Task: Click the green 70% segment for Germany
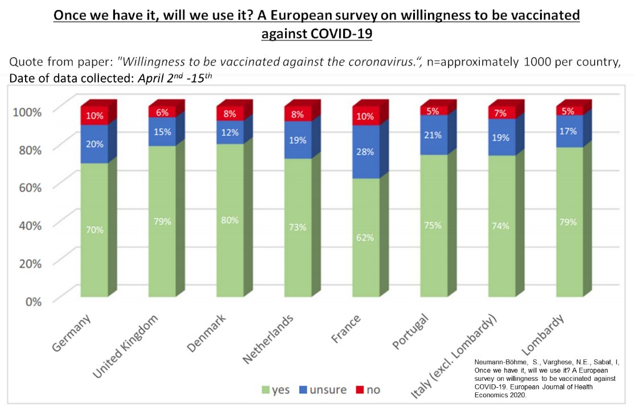tap(94, 229)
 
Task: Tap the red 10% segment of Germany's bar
tap(94, 116)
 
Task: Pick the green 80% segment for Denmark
tap(230, 219)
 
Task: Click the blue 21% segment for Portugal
tap(434, 135)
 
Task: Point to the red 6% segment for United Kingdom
tap(162, 112)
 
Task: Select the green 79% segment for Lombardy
tap(570, 221)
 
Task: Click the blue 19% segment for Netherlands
tap(298, 139)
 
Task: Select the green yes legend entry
tap(275, 390)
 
